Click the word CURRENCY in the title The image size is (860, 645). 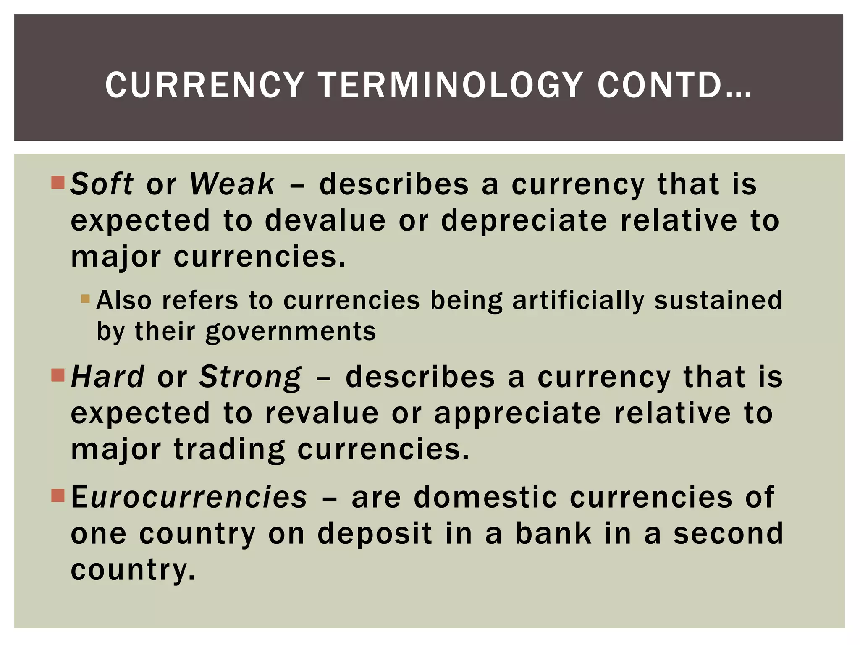coord(205,85)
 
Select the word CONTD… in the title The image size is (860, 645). coord(674,85)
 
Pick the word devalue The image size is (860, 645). coord(325,220)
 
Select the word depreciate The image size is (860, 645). coord(524,220)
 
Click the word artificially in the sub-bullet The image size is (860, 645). coord(578,301)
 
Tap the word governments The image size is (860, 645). coord(291,332)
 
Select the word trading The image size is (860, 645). coord(229,449)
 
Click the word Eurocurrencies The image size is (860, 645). coord(189,497)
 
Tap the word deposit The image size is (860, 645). coord(375,533)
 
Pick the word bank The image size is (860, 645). coord(553,533)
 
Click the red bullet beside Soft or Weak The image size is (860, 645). coord(58,183)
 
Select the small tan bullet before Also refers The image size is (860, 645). coord(86,299)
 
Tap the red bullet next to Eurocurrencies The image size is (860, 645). coord(58,496)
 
